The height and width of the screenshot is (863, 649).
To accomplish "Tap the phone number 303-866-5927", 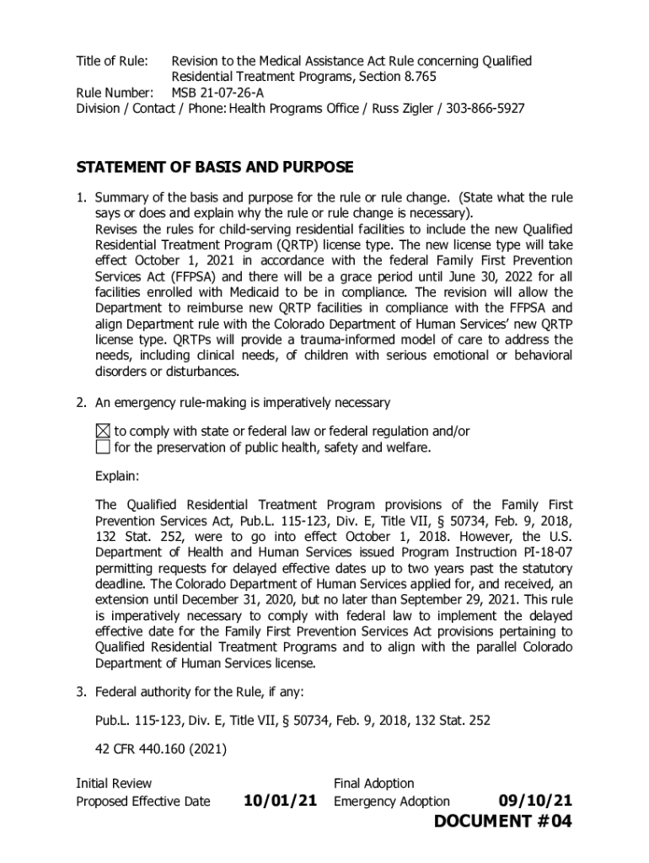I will click(x=485, y=109).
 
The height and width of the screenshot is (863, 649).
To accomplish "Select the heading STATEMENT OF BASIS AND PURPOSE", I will click(x=215, y=167).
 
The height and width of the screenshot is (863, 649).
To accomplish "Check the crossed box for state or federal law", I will click(x=102, y=431).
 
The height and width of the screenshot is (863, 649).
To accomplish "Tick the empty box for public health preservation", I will click(x=102, y=448).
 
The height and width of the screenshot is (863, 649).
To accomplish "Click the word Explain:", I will click(x=117, y=477).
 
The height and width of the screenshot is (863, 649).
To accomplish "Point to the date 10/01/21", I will click(x=280, y=801).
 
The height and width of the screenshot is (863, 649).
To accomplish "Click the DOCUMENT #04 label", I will click(x=503, y=823).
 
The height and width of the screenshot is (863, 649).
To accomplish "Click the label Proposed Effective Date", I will click(x=143, y=801).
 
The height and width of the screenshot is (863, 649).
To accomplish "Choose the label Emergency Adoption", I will click(x=392, y=801).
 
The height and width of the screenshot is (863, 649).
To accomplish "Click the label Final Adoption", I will click(x=374, y=784).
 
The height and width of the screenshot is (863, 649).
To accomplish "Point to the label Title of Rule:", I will click(x=112, y=62).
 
